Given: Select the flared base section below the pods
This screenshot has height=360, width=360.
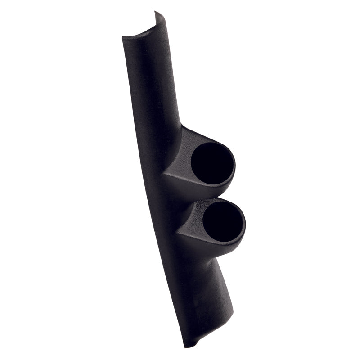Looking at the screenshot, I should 202,297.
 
